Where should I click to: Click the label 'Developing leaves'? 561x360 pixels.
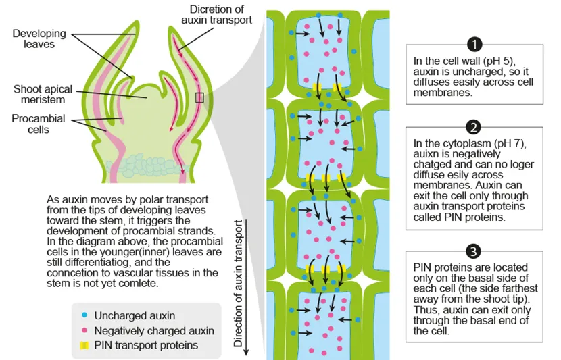[39, 38]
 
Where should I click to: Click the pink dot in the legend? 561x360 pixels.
[82, 331]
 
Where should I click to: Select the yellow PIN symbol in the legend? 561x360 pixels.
[82, 346]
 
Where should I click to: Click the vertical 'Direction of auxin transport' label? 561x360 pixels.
[238, 283]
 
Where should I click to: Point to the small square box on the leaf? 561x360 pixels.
[199, 98]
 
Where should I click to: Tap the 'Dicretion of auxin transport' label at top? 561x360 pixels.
[220, 14]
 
